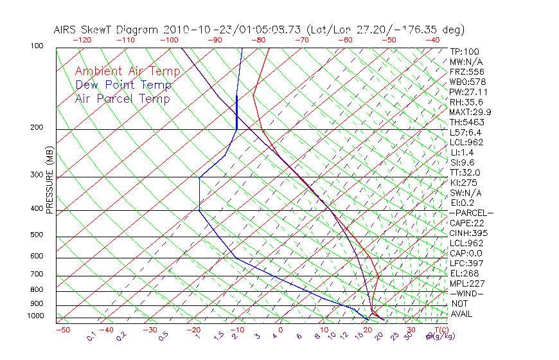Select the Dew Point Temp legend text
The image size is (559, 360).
point(123,85)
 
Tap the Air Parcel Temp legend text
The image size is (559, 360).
point(123,98)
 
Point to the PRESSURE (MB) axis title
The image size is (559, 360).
point(49,181)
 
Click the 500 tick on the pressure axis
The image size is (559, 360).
point(37,235)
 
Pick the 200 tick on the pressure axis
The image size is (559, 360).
point(37,127)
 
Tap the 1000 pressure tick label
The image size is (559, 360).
point(35,316)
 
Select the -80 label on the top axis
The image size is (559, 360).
point(258,40)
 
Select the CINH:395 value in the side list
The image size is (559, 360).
point(466,233)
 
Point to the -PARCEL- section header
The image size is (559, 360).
point(471,213)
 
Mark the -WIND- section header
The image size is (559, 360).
point(467,293)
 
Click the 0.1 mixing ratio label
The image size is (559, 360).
point(91,336)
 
